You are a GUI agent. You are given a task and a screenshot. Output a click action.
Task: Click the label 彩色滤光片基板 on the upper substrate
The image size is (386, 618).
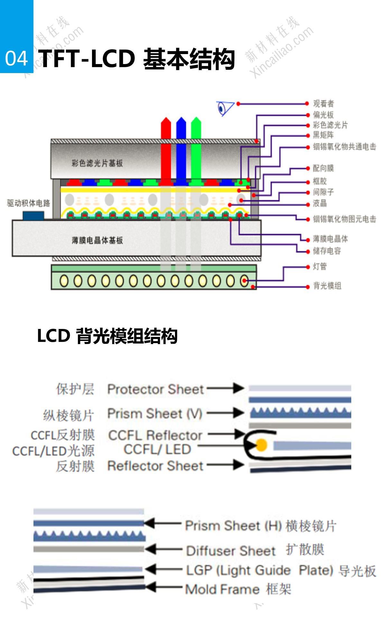(97, 163)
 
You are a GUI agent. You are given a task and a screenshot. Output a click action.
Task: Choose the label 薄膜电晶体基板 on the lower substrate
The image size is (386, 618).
(97, 240)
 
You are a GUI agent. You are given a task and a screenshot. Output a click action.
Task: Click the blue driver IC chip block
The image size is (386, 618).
(33, 215)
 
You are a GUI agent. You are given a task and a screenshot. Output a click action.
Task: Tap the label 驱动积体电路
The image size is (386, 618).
(29, 203)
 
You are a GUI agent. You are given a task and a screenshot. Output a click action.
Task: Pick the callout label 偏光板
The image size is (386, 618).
(323, 115)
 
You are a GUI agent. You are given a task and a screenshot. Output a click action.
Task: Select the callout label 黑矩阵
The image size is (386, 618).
(323, 135)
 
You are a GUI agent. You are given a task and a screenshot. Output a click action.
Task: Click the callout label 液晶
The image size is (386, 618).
(320, 203)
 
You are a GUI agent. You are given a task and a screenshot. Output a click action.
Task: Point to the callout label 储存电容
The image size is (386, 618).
(327, 251)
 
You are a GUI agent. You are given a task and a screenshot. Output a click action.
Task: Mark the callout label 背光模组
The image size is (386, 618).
(327, 286)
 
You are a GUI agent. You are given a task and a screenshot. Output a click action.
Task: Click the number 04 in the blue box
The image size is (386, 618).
(16, 59)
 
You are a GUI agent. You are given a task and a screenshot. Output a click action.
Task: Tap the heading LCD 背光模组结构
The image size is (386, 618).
(107, 336)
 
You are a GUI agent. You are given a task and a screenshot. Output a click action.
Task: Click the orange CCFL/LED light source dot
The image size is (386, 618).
(261, 445)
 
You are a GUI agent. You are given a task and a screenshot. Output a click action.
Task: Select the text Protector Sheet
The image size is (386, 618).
(155, 389)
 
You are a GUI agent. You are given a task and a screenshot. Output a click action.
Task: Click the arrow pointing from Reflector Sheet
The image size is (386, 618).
(225, 465)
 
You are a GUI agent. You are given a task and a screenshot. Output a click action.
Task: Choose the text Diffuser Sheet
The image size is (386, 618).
(231, 551)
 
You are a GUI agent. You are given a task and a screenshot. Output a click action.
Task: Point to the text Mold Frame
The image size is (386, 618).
(222, 589)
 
